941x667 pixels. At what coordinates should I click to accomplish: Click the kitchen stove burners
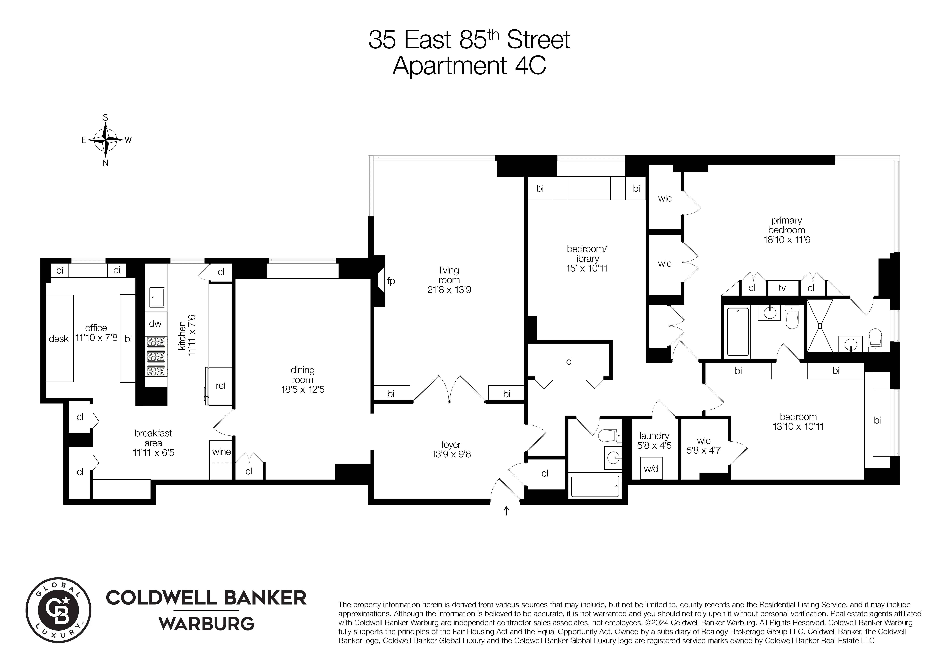(156, 357)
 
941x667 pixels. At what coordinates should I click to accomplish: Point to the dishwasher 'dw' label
(155, 324)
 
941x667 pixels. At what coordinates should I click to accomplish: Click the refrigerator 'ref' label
(221, 386)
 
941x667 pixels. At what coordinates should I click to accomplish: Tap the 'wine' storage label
(221, 452)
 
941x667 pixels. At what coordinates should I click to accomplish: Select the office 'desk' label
(59, 339)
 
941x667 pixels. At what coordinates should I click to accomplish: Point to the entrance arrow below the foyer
(506, 511)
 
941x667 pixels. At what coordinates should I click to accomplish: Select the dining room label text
(303, 375)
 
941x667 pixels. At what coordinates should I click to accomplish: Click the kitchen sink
(156, 297)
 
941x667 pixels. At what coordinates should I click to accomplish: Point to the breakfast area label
(153, 438)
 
